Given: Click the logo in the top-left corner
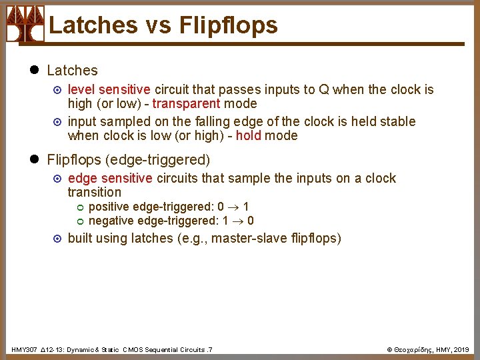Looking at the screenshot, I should pyautogui.click(x=25, y=23).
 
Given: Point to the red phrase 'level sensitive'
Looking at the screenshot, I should pyautogui.click(x=109, y=89).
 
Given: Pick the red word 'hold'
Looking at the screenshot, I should pyautogui.click(x=248, y=135).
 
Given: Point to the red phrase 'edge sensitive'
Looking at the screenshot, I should pyautogui.click(x=111, y=178).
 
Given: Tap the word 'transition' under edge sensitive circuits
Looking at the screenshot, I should pyautogui.click(x=95, y=192).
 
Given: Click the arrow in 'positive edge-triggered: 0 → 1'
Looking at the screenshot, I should pyautogui.click(x=234, y=207).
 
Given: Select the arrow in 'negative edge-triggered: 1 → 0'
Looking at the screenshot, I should pyautogui.click(x=237, y=221).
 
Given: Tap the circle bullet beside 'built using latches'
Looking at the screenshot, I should pyautogui.click(x=57, y=238).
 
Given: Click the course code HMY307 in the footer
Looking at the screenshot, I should pyautogui.click(x=25, y=349).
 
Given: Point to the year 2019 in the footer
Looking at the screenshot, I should pyautogui.click(x=463, y=349).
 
